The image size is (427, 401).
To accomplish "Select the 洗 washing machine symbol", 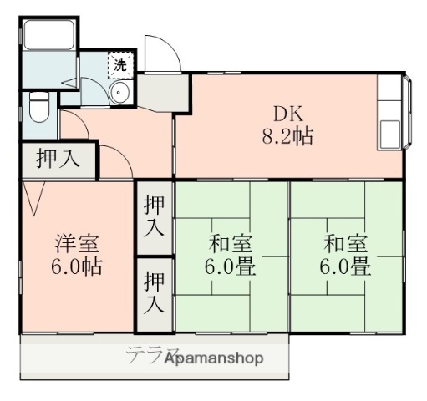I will click(119, 63).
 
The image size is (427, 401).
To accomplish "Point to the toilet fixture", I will click(38, 106).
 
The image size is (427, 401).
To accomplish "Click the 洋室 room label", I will click(78, 244).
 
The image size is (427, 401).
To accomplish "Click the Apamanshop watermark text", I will click(216, 359).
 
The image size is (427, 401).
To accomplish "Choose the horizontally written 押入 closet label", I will click(57, 159).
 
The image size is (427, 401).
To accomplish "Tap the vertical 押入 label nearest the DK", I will click(154, 214).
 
